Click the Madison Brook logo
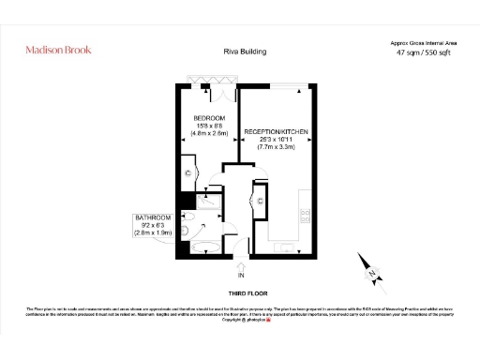pos(57,50)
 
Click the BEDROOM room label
pos(207,118)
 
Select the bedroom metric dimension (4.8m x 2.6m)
pos(207,135)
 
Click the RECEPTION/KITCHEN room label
pos(276,132)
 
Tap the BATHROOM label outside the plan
pos(154,217)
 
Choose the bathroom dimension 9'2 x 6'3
pos(154,226)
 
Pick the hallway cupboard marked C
pos(260,200)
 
